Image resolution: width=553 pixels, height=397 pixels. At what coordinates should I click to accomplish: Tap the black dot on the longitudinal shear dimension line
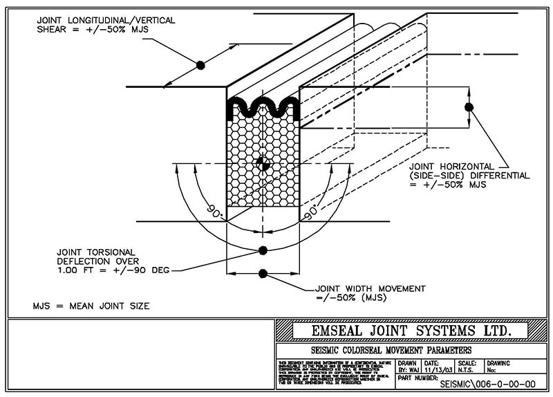click(x=200, y=65)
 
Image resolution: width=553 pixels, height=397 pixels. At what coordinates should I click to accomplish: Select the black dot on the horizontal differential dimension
click(x=469, y=107)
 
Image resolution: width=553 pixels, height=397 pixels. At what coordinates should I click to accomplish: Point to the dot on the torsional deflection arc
click(x=262, y=250)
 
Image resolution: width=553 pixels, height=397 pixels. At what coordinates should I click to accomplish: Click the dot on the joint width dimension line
click(x=262, y=271)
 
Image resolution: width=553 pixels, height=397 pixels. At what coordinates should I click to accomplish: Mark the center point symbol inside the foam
click(x=262, y=163)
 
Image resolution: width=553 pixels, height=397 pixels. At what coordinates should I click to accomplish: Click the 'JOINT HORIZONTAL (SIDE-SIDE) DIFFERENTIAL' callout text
click(x=460, y=176)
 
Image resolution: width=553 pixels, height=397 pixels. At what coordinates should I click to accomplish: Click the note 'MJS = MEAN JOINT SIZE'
click(x=91, y=305)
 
